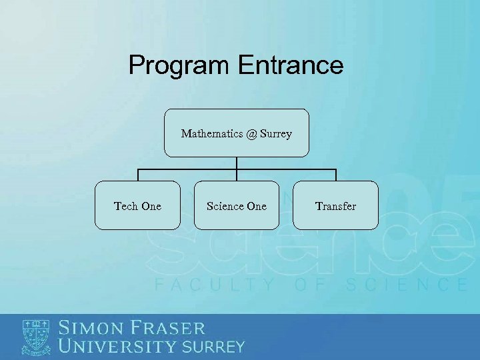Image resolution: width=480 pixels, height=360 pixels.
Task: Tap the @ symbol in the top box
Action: pos(250,134)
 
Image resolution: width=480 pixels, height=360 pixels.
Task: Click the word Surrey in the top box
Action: pos(276,134)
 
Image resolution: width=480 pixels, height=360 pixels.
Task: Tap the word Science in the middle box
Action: pos(225,206)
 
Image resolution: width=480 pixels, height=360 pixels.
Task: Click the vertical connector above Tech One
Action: pos(138,175)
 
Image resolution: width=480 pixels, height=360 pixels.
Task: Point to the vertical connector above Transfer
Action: pos(335,175)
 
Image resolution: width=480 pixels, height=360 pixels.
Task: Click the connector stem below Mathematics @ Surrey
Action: pos(237,163)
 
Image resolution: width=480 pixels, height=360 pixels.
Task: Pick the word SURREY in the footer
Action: pos(213,347)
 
